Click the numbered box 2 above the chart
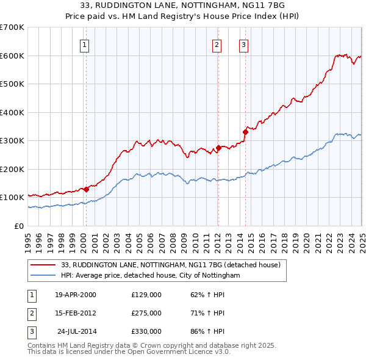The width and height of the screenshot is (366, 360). coord(217,44)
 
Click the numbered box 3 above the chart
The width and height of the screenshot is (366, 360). coord(243,44)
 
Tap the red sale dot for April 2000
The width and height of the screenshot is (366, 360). coord(86,189)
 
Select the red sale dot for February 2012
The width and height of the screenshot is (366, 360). coord(218,148)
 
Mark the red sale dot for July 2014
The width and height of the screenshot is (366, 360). coord(245,131)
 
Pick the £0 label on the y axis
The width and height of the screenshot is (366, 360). coord(18,226)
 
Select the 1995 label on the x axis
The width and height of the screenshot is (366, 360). coord(28,238)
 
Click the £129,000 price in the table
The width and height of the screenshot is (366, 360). coord(146,294)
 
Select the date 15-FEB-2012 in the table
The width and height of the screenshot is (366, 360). coord(76,313)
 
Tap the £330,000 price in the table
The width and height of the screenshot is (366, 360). coord(146,331)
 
